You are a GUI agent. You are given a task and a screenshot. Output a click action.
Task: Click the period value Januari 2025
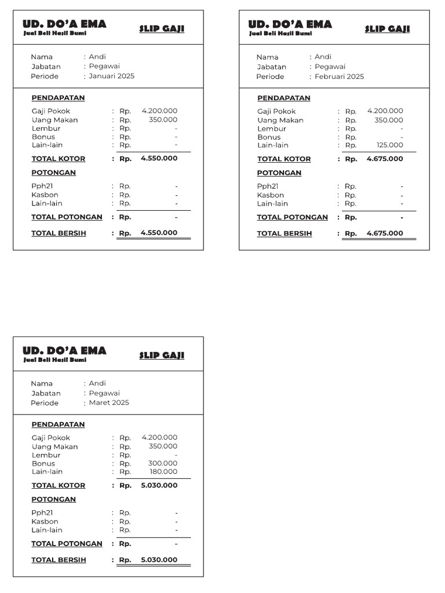(x=111, y=76)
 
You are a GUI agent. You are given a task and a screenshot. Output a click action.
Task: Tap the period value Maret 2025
(x=109, y=402)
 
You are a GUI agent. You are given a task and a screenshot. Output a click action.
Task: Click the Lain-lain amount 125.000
(x=389, y=145)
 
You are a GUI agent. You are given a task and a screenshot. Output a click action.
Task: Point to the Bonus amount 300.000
(x=163, y=463)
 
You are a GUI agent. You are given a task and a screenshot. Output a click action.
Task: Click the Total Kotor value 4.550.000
(x=159, y=159)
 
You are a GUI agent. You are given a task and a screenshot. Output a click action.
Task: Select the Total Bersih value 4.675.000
(x=385, y=233)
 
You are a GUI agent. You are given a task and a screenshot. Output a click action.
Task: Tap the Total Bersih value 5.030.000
(x=159, y=560)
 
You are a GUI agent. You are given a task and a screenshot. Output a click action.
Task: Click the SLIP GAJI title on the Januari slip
(x=162, y=29)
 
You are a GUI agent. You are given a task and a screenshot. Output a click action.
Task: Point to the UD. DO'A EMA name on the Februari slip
(x=290, y=24)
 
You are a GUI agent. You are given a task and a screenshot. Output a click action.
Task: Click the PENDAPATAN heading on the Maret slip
(x=58, y=424)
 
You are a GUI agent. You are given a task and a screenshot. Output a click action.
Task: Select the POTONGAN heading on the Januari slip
(x=53, y=173)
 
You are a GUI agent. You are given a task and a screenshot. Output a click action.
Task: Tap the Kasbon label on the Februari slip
(x=271, y=195)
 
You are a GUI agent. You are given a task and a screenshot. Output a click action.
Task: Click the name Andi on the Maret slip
(x=97, y=383)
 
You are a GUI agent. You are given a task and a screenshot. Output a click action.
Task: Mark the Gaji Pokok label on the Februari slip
(x=276, y=111)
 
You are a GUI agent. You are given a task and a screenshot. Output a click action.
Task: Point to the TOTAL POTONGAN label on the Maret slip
(x=67, y=544)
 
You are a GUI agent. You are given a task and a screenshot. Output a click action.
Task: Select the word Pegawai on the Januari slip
(x=104, y=66)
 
